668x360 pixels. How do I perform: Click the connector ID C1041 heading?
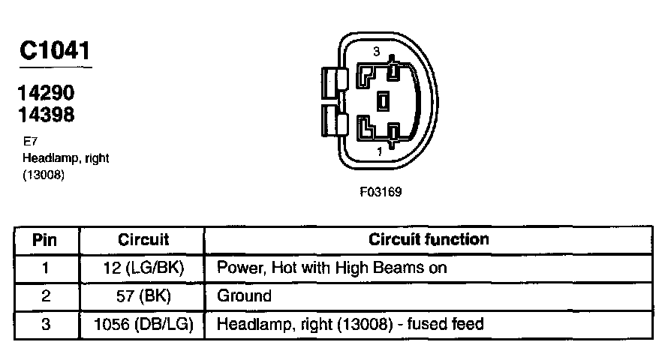55,51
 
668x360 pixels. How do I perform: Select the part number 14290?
47,94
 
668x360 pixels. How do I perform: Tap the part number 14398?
47,115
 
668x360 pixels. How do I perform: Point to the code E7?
30,141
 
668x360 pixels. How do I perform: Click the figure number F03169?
381,192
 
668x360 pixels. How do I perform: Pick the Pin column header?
46,240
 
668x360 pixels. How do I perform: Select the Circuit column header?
143,240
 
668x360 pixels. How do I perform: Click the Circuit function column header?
429,240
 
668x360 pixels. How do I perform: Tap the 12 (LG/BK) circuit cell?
143,268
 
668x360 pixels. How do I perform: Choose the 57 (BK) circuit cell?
143,295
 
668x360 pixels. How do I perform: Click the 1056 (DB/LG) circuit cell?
143,324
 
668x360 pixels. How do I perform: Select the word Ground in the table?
244,295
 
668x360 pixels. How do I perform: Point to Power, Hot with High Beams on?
332,268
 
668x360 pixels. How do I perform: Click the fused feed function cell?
351,324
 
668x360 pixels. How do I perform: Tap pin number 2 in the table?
46,295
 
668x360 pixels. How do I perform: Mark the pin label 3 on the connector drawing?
378,51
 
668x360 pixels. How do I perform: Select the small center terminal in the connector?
384,100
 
